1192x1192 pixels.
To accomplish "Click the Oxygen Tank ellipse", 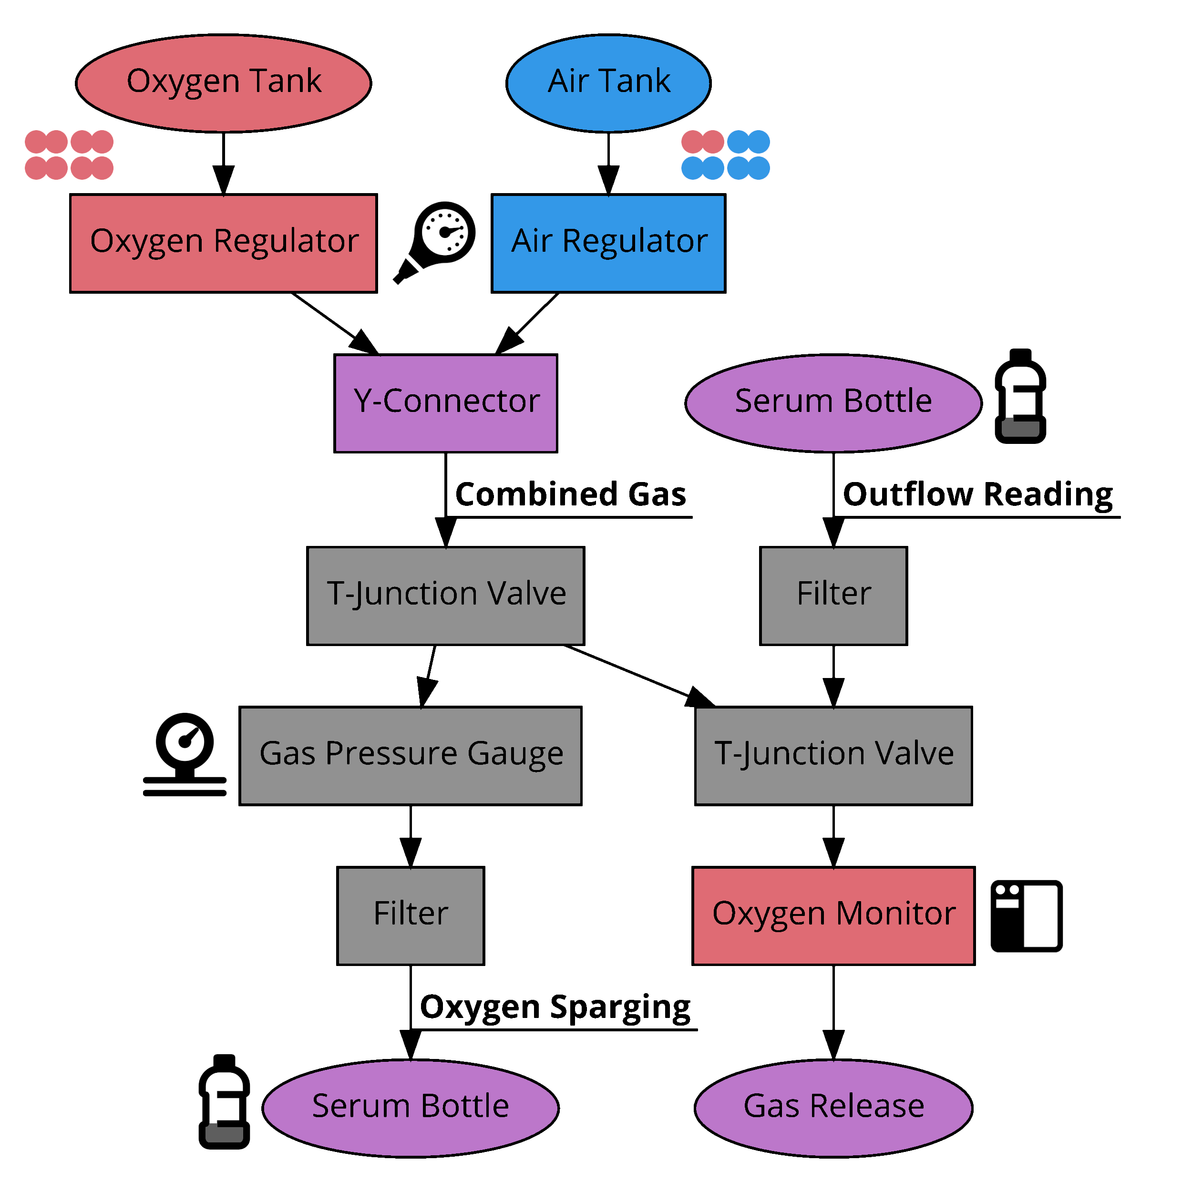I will click(223, 83).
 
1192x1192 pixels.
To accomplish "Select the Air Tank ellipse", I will click(608, 83).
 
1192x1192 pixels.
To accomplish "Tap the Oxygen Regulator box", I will click(223, 243).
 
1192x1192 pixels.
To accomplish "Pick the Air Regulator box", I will click(608, 243).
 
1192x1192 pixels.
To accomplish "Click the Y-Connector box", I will click(445, 403).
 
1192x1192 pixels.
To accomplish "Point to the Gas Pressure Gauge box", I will click(411, 756).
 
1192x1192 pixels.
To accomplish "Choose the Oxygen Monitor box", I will click(833, 915).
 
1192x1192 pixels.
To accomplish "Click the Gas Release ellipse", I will click(833, 1108).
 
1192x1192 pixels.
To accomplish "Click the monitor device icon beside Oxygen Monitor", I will click(1026, 915).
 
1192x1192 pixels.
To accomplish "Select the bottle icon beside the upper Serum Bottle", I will click(1020, 397).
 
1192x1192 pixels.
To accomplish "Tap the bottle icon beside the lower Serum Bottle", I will click(224, 1102).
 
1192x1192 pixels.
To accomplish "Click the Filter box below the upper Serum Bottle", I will click(833, 596).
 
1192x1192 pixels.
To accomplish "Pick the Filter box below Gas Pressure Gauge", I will click(411, 915).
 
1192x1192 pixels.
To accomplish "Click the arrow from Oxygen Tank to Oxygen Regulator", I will click(223, 164).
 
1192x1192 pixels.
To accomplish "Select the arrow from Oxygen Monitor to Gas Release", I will click(833, 1012).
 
